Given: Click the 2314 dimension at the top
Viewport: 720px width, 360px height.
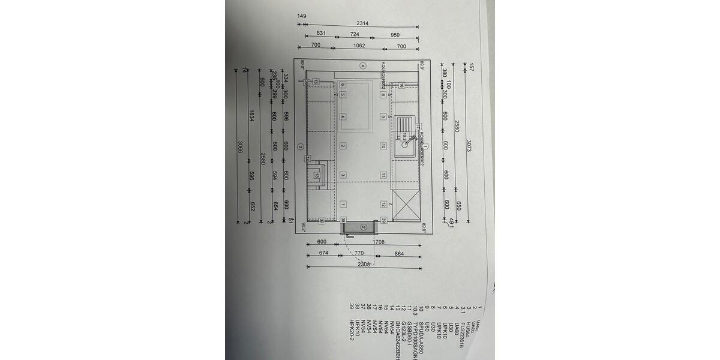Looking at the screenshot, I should tap(362, 23).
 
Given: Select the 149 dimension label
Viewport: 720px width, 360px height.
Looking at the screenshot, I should tap(302, 16).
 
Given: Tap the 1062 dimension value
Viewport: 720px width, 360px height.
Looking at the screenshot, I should tap(359, 46).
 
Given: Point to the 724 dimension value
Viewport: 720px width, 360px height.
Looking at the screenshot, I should tap(355, 34).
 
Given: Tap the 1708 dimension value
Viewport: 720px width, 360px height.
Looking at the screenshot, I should tap(379, 242).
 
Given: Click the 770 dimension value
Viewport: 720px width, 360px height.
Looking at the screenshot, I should tap(359, 254).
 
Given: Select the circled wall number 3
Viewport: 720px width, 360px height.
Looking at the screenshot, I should tap(302, 146).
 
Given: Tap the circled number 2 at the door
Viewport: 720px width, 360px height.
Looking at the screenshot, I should tap(363, 227).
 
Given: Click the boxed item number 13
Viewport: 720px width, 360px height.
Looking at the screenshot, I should tap(316, 176).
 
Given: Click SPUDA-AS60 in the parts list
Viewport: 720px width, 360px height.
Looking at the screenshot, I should tap(421, 330).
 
